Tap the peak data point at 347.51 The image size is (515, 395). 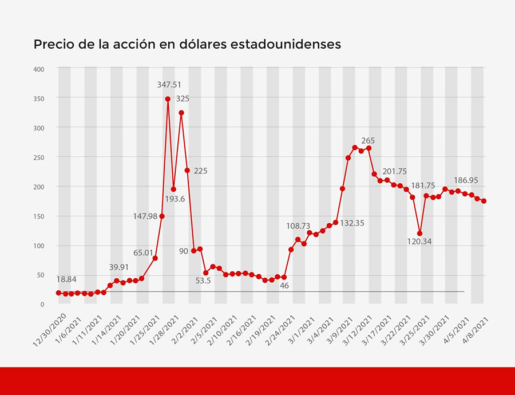(168, 99)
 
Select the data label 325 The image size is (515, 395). (183, 98)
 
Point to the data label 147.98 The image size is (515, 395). (145, 216)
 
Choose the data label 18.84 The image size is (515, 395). (66, 279)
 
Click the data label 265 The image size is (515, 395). (368, 140)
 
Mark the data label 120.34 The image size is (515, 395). (419, 242)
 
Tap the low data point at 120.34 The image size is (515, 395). (420, 234)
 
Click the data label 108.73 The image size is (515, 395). (299, 226)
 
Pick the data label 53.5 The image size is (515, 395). (203, 281)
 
